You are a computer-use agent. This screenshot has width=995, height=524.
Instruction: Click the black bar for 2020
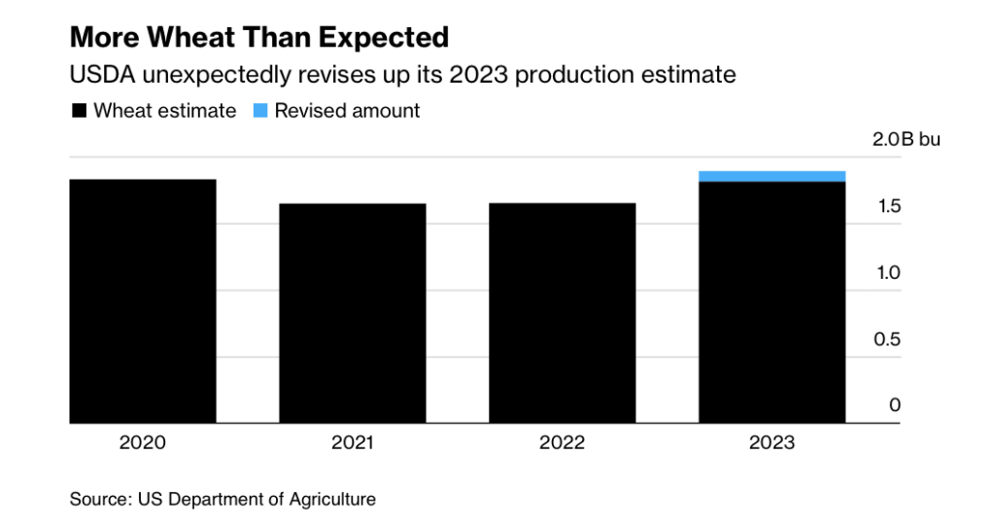[x=143, y=301]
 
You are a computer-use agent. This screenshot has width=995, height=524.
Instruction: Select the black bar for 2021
[x=353, y=313]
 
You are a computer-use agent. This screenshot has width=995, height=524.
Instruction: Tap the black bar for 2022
[x=563, y=313]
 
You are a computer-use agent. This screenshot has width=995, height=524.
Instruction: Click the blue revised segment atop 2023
[x=772, y=176]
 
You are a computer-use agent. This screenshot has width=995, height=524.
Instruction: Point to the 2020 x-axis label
[x=143, y=443]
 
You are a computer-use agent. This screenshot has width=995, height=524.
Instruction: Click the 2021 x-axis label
[x=353, y=443]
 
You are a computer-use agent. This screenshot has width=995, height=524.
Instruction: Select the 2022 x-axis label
[x=563, y=443]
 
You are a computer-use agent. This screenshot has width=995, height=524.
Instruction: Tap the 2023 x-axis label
[x=772, y=443]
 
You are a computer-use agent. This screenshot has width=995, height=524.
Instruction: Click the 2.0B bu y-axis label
[x=906, y=140]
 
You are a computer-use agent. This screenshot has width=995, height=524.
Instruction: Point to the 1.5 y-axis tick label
[x=888, y=206]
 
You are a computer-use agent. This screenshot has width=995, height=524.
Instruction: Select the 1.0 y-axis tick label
[x=888, y=273]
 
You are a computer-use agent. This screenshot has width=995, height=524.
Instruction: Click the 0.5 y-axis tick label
[x=888, y=339]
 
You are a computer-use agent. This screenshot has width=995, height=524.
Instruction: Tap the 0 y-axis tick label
[x=895, y=405]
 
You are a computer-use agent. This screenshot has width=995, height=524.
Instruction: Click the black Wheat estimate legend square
[x=79, y=111]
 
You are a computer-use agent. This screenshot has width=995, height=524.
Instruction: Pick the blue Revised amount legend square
[x=260, y=111]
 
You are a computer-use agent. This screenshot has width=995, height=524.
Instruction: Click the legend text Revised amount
[x=347, y=111]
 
